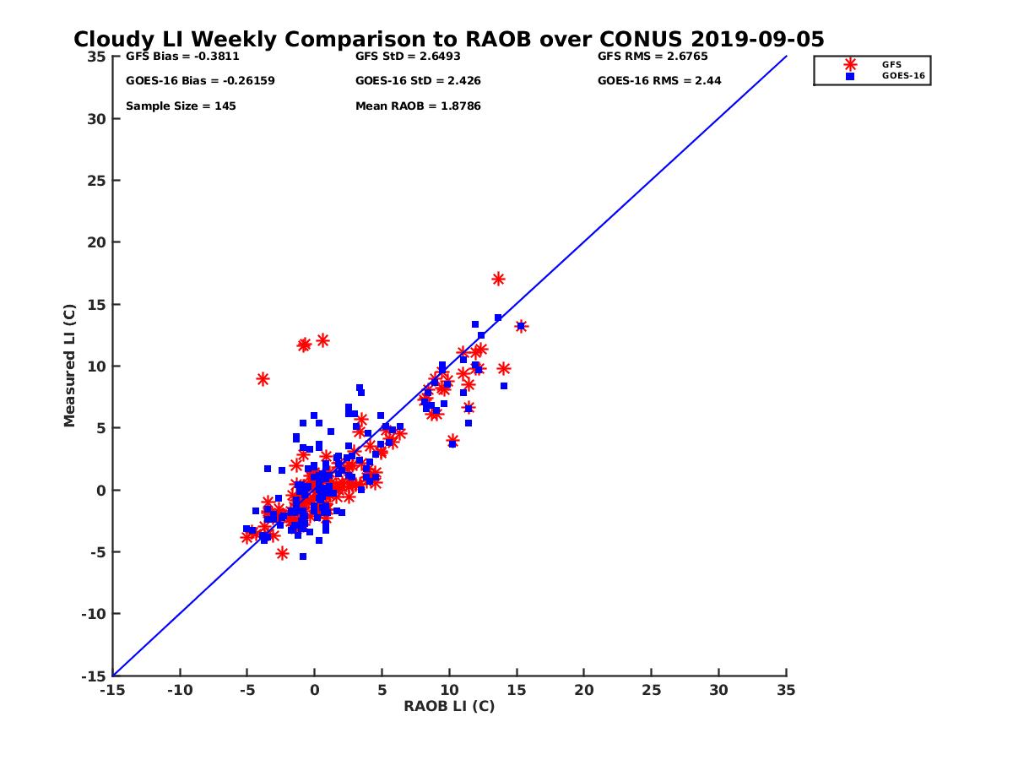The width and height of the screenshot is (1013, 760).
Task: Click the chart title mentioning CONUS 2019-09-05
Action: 448,40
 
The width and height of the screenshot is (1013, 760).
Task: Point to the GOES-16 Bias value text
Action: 200,81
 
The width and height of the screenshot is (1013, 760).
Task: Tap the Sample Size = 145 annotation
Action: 181,106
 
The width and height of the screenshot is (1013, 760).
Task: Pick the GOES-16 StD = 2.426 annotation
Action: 417,81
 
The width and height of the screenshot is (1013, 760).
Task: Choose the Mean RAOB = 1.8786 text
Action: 418,106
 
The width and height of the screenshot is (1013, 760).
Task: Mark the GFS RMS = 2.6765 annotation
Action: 653,57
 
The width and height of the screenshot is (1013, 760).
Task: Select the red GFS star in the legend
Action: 850,64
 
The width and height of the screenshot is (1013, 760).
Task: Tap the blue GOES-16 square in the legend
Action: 850,76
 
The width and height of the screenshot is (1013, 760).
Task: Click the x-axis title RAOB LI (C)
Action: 449,706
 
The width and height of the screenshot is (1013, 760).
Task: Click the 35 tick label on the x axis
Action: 786,690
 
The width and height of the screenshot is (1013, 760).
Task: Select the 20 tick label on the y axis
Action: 98,242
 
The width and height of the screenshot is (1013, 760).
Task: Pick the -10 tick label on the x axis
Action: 179,690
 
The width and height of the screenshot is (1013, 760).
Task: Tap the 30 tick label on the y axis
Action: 98,119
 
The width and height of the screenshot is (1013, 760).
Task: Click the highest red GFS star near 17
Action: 498,279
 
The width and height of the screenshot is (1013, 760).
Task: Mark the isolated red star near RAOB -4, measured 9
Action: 263,379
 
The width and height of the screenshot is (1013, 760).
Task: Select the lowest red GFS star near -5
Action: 282,553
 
